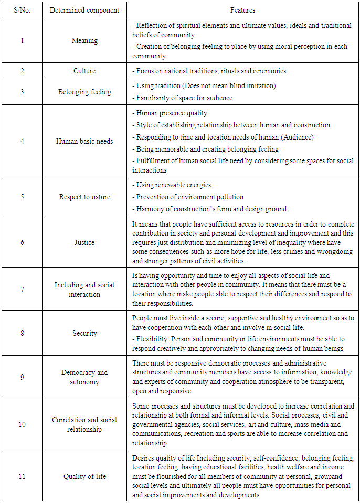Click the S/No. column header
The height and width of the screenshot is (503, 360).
tap(22, 10)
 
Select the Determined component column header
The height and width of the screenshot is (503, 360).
tap(84, 10)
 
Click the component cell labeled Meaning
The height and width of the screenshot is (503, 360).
tap(84, 40)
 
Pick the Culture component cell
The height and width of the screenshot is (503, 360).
tap(84, 71)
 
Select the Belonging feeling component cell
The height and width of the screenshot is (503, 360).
tap(84, 92)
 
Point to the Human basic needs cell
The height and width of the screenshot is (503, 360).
tap(84, 141)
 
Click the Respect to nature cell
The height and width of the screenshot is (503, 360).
tap(84, 197)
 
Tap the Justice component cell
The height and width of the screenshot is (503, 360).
tap(84, 242)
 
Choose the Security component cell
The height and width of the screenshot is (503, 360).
tap(84, 333)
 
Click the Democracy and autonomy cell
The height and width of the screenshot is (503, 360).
tap(84, 377)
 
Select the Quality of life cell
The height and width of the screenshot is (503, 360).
tap(84, 476)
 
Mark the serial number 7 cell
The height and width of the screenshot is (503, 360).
tap(22, 290)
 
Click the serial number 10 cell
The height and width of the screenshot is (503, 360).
tap(22, 424)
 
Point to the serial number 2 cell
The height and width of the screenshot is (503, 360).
tap(22, 71)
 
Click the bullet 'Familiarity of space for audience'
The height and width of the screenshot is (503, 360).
tap(184, 97)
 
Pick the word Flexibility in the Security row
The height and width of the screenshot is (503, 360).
tap(152, 339)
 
